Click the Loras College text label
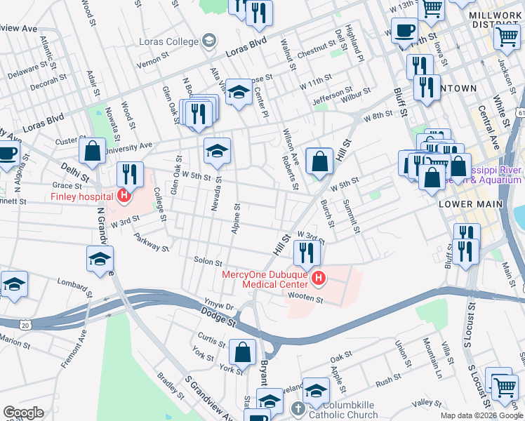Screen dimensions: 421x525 (168, 41)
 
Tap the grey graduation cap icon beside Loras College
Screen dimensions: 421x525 (208, 41)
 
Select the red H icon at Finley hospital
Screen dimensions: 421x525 (125, 196)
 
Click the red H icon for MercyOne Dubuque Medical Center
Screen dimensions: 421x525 (319, 279)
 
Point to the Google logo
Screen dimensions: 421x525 (22, 413)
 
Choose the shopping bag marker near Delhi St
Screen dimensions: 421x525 (92, 150)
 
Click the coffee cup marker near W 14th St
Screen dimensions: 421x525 (404, 31)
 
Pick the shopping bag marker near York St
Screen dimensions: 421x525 (242, 352)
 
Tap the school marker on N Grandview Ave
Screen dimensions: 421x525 (100, 258)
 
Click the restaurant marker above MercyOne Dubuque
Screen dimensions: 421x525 (306, 251)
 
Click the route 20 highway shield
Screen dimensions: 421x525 (26, 325)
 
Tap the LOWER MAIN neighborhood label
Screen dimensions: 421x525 (470, 203)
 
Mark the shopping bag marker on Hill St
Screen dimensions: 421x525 (319, 161)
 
